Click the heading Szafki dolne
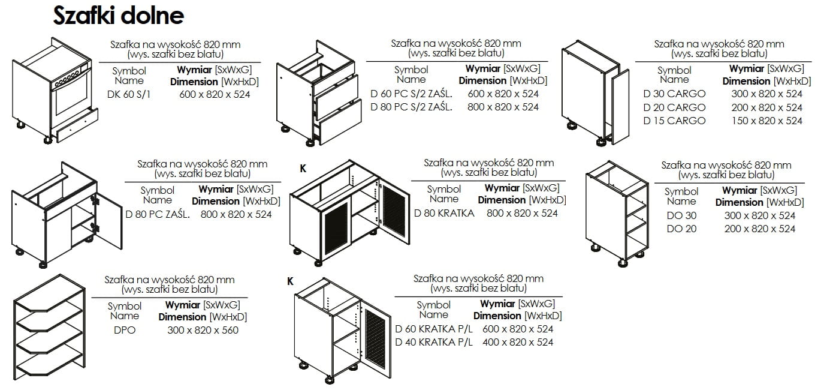(x=118, y=16)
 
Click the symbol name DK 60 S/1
(x=129, y=94)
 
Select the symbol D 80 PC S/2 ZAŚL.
(x=411, y=107)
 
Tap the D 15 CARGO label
(x=674, y=121)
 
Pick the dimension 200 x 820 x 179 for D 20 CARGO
(x=766, y=107)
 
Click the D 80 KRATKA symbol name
(x=444, y=213)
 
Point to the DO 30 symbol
(x=681, y=215)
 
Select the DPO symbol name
(x=125, y=330)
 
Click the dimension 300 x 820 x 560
(x=203, y=330)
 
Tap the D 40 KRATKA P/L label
(x=434, y=342)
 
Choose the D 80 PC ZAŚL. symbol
(x=158, y=214)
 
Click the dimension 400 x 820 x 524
(x=518, y=342)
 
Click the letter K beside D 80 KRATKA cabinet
(x=303, y=169)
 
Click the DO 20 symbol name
(x=681, y=229)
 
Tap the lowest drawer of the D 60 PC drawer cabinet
(x=340, y=129)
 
